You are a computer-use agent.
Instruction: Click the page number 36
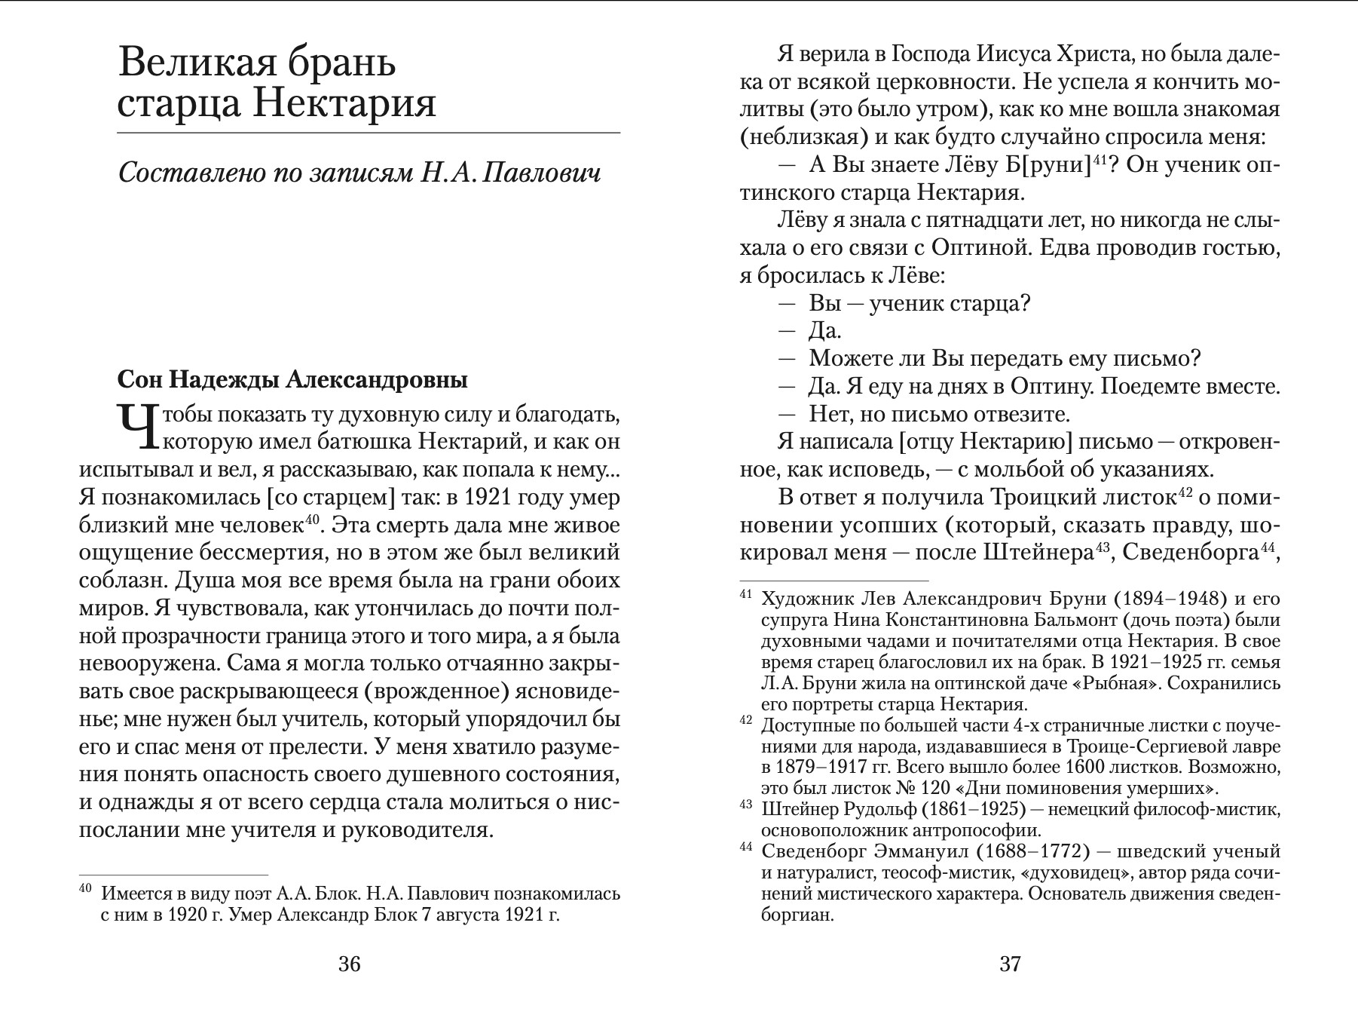(x=350, y=964)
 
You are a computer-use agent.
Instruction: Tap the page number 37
(x=1010, y=964)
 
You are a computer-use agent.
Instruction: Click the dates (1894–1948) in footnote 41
(x=1169, y=599)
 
